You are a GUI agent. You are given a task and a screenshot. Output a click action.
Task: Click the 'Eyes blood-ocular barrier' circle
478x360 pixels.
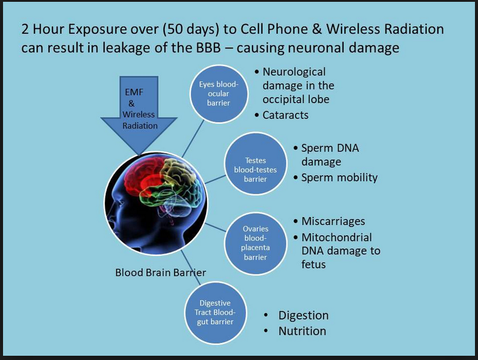pyautogui.click(x=219, y=94)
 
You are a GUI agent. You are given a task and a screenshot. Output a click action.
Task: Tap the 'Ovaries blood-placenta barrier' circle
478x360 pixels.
pyautogui.click(x=256, y=243)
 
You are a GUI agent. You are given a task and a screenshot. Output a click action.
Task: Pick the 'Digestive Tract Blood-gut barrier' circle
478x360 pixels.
pyautogui.click(x=215, y=312)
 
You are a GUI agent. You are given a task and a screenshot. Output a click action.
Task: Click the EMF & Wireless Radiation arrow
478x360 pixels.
pyautogui.click(x=139, y=113)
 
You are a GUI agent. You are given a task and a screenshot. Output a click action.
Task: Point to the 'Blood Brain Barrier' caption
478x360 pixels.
pyautogui.click(x=161, y=273)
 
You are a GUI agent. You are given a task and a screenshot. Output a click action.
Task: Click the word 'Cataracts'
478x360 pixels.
pyautogui.click(x=285, y=115)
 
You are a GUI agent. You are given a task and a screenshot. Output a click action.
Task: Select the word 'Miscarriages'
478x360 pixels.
pyautogui.click(x=333, y=221)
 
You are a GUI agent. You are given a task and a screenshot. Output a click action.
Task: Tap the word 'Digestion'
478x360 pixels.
pyautogui.click(x=304, y=316)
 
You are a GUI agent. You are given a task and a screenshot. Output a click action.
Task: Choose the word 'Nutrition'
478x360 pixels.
pyautogui.click(x=302, y=331)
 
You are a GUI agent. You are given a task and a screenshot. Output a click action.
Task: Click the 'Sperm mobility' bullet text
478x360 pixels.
pyautogui.click(x=339, y=178)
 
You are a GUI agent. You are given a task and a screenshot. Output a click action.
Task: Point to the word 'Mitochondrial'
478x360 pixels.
pyautogui.click(x=337, y=238)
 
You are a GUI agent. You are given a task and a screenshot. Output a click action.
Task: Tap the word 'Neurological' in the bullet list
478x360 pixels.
pyautogui.click(x=294, y=72)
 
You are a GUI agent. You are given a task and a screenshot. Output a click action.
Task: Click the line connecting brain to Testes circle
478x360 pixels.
pyautogui.click(x=215, y=179)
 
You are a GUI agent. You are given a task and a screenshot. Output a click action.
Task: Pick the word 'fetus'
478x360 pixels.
pyautogui.click(x=313, y=264)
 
